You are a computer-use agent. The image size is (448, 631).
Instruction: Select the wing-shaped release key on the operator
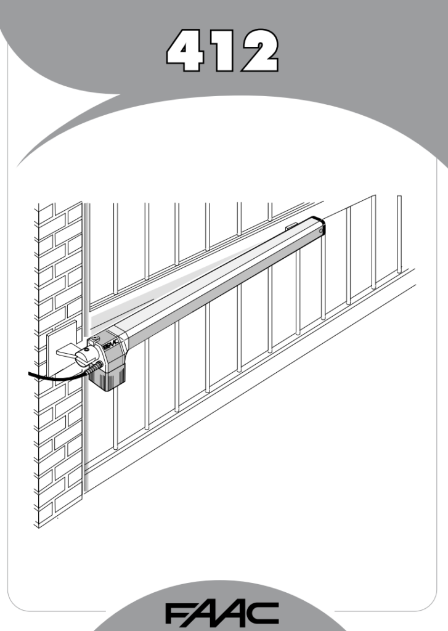tap(69, 353)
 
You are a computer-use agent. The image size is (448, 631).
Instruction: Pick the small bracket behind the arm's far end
tap(291, 226)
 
